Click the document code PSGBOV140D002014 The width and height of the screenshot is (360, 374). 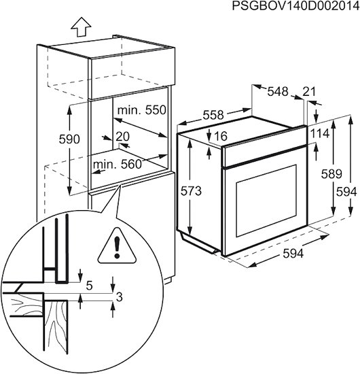(x=296, y=5)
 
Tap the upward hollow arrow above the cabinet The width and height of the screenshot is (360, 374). (x=81, y=27)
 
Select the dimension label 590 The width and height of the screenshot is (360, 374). (x=69, y=139)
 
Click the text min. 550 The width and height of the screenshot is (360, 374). (x=142, y=110)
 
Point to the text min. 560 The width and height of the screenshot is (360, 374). (x=118, y=165)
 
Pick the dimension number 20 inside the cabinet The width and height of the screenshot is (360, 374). (x=123, y=137)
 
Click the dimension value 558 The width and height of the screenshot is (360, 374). (x=213, y=115)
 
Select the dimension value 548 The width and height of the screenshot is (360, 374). (x=278, y=91)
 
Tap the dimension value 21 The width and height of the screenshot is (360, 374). (x=309, y=91)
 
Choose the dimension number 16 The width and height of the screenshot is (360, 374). (x=221, y=136)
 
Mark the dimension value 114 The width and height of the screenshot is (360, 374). (x=319, y=133)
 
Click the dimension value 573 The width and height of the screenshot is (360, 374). (x=191, y=191)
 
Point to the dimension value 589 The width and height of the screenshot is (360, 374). (x=331, y=173)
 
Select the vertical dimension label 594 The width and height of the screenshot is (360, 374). (x=346, y=192)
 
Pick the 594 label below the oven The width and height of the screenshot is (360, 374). (x=293, y=254)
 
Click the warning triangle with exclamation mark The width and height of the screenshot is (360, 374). (x=117, y=247)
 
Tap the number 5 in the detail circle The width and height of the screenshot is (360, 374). (x=90, y=286)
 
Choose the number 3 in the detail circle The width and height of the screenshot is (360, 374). (x=119, y=297)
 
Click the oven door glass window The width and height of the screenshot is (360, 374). (x=267, y=201)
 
